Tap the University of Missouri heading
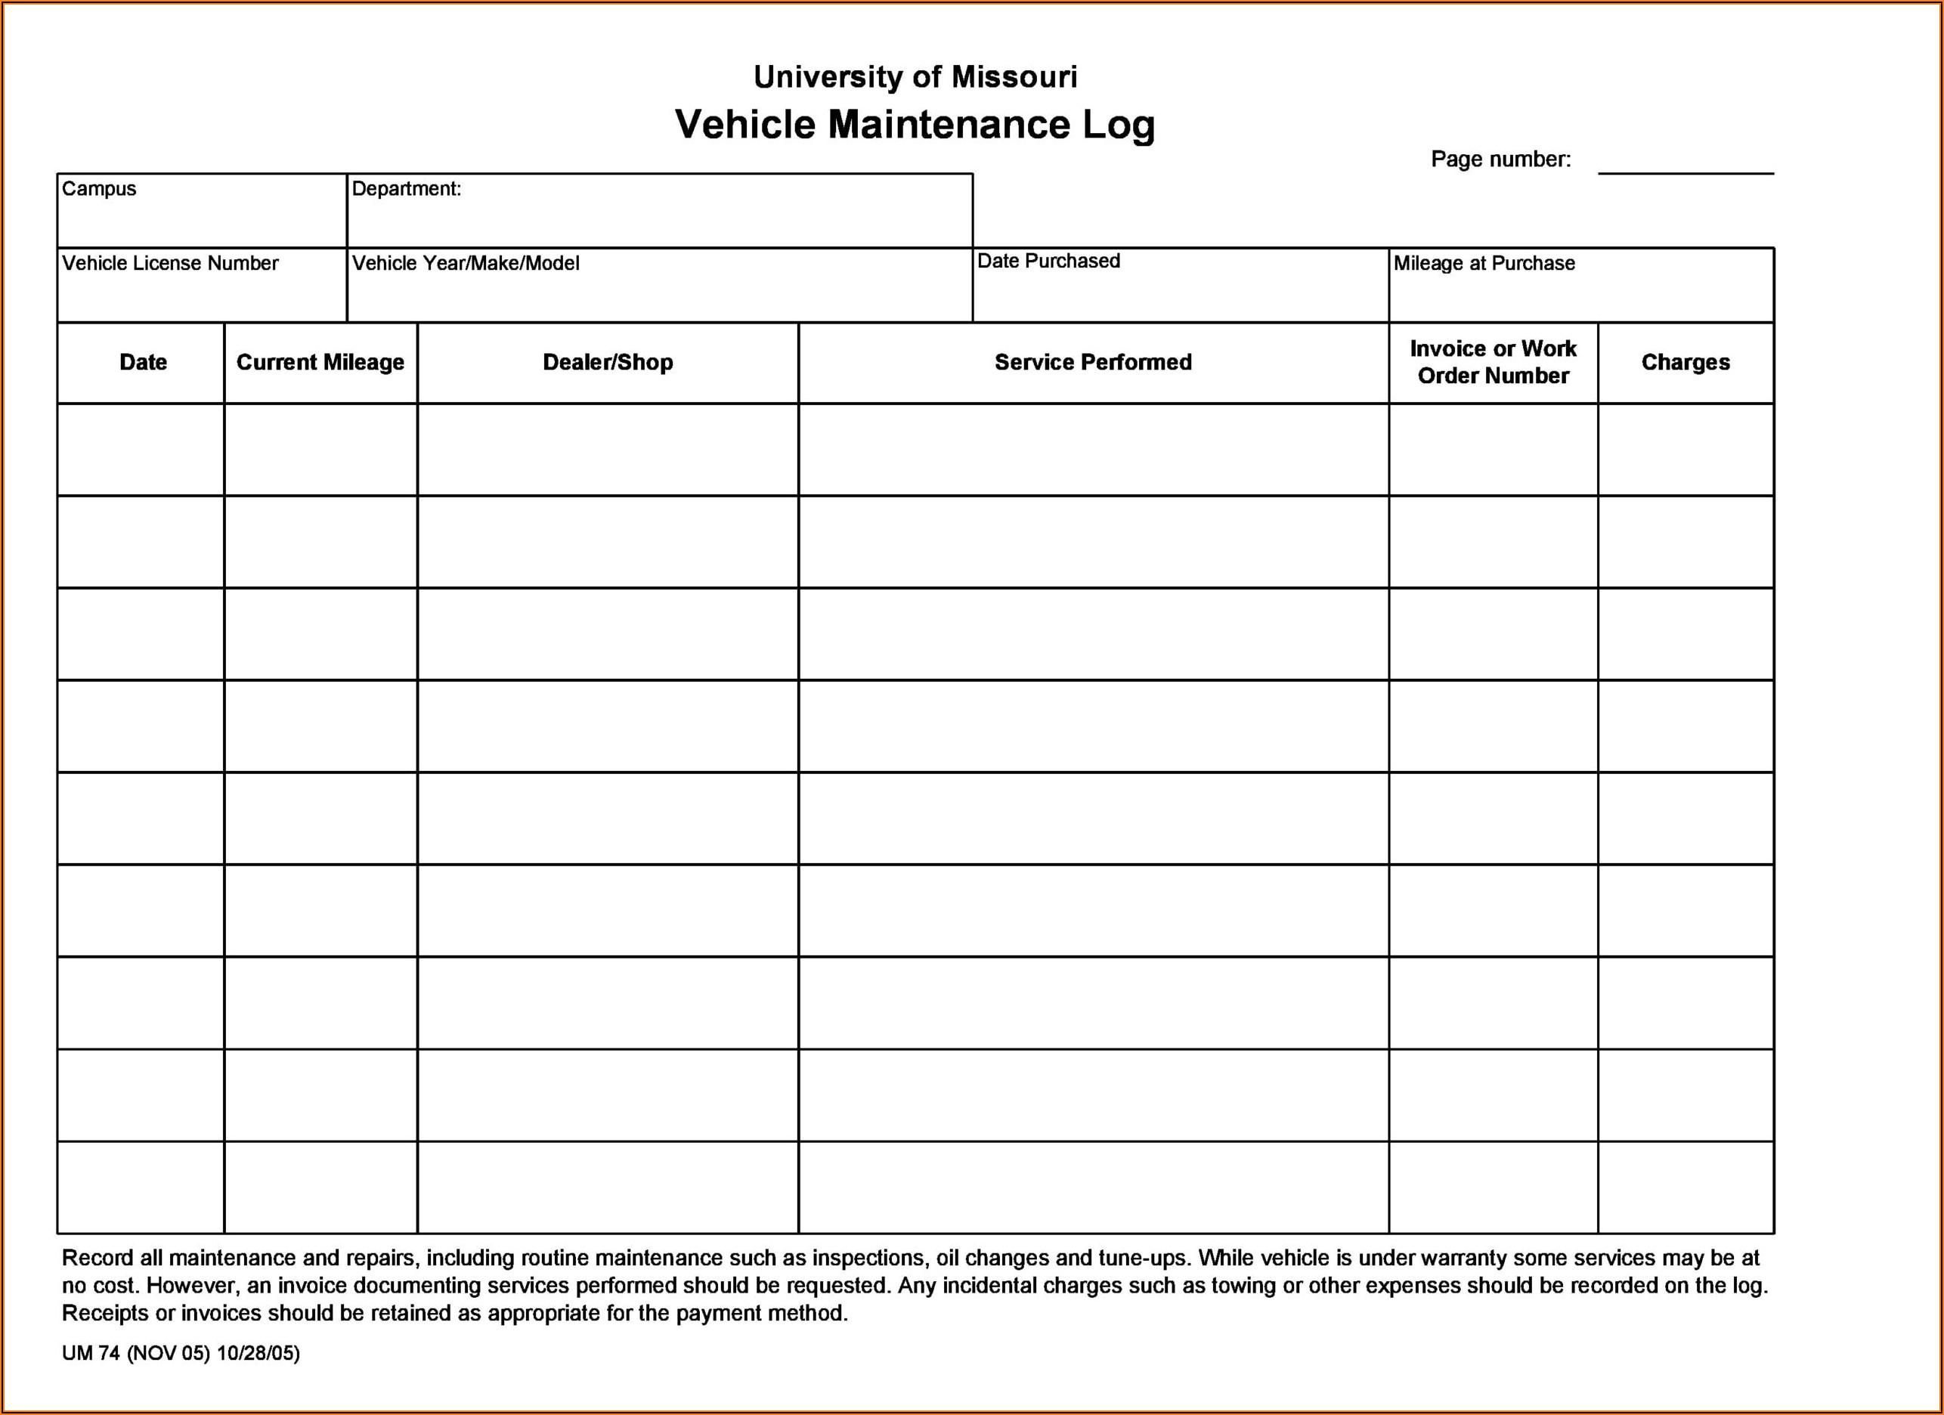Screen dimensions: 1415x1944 tap(915, 77)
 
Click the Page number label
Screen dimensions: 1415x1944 tap(1500, 159)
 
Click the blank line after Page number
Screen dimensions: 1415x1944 tap(1686, 167)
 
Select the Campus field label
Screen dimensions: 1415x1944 tap(98, 188)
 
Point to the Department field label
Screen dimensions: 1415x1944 tap(407, 188)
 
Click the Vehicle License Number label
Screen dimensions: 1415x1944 tap(170, 263)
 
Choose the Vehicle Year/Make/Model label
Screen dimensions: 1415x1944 tap(466, 263)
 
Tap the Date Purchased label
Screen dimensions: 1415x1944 tap(1048, 262)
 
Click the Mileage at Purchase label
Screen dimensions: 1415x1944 tap(1484, 263)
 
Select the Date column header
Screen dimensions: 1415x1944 tap(143, 363)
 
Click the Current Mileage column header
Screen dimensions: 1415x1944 tap(320, 363)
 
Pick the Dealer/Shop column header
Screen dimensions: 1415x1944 tap(608, 363)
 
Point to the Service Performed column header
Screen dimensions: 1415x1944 tap(1093, 363)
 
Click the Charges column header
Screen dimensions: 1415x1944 tap(1686, 363)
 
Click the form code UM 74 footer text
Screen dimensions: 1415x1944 tap(180, 1353)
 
